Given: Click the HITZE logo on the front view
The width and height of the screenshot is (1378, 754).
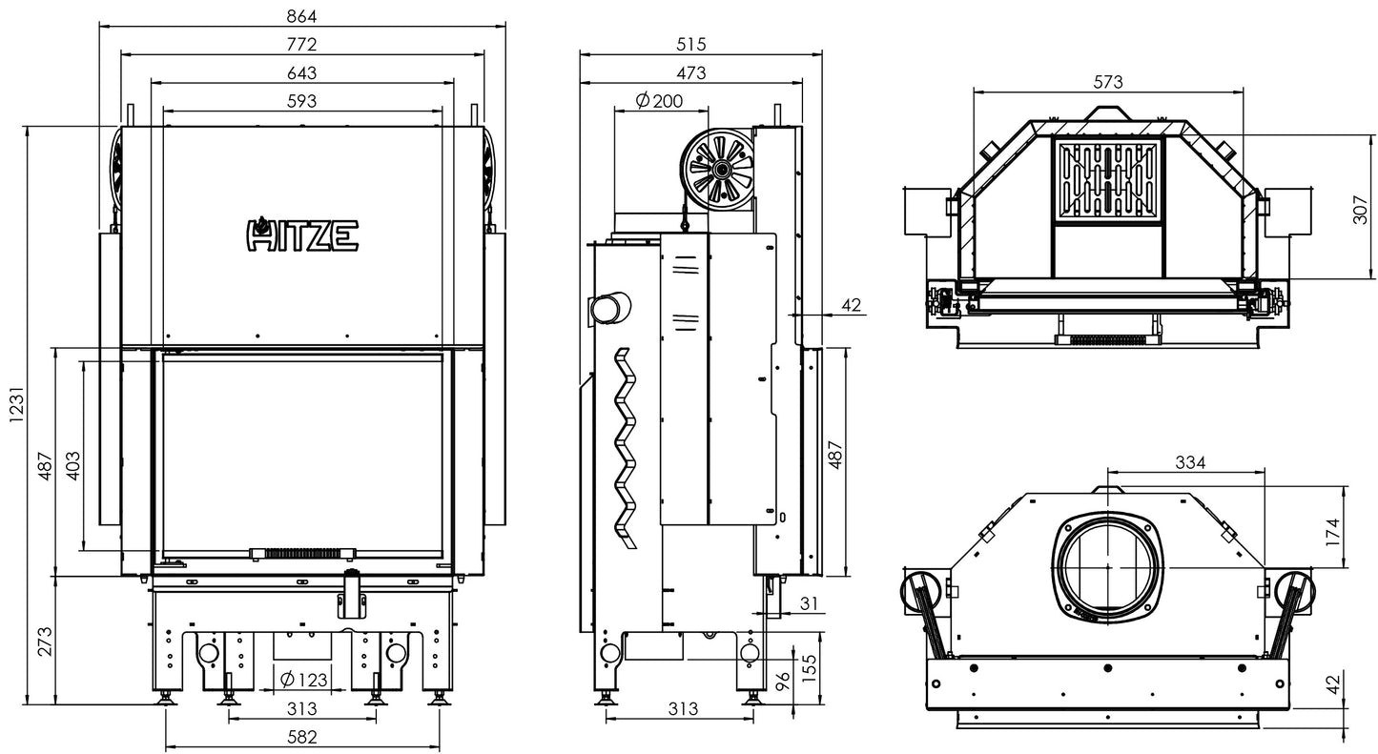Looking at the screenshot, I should pos(303,234).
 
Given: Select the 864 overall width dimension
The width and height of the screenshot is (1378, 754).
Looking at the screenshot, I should pos(302,16).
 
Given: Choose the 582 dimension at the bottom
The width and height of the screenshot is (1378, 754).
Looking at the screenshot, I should pos(302,736).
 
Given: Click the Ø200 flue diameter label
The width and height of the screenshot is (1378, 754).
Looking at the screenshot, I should pos(658,100).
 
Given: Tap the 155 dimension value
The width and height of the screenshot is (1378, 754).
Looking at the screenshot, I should pos(809,663).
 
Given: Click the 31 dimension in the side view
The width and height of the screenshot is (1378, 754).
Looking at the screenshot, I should pos(810,603).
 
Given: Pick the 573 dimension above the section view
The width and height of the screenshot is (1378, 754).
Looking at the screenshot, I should pos(1107,81).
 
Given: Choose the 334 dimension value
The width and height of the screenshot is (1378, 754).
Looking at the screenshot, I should pos(1189,462).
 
